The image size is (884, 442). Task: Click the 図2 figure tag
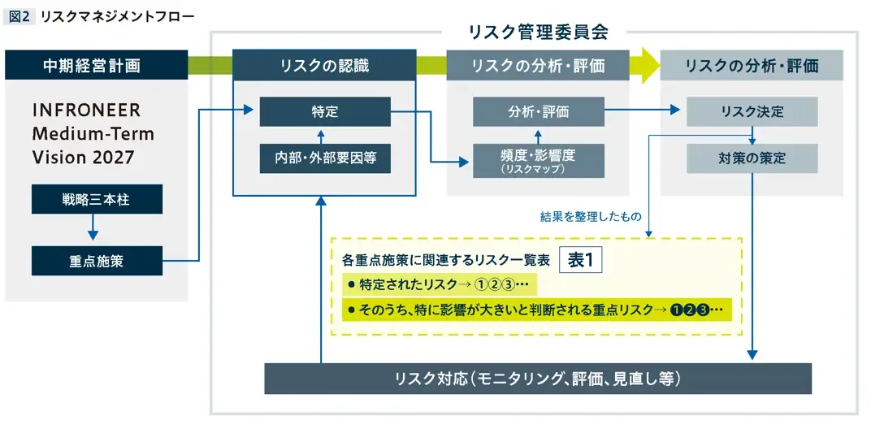(19, 16)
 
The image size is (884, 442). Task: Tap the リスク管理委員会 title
(539, 32)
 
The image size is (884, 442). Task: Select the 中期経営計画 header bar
(97, 65)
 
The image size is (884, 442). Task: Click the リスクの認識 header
(324, 65)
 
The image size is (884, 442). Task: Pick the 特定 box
(325, 111)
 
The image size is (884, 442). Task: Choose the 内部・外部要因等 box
(325, 158)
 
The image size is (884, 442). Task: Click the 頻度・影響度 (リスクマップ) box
(539, 161)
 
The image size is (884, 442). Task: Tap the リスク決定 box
(752, 111)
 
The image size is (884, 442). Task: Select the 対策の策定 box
(752, 158)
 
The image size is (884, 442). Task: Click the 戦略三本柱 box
(97, 199)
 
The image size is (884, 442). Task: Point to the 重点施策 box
(97, 261)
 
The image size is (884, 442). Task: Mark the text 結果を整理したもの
(591, 217)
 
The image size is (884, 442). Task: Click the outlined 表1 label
(581, 261)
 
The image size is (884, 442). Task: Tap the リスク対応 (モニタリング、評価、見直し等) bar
(538, 379)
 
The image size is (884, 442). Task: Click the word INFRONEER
(86, 110)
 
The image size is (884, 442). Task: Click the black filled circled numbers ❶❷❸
(689, 310)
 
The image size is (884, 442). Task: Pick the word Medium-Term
(93, 133)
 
